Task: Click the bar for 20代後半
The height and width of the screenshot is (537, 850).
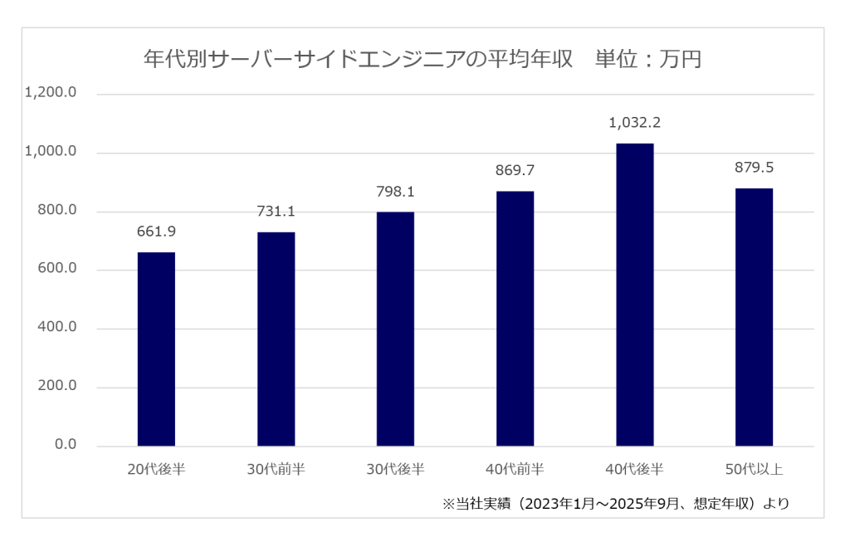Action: [156, 349]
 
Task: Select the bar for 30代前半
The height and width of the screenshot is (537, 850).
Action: [276, 339]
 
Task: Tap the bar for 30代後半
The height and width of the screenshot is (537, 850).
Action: [395, 329]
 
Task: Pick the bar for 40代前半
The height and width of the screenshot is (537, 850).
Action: [515, 319]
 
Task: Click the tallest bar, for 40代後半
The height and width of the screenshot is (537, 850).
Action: [634, 295]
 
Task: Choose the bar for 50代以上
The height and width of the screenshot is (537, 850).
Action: [754, 317]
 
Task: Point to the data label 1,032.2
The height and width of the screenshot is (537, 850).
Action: [634, 123]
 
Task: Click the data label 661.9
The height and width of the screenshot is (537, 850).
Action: [156, 232]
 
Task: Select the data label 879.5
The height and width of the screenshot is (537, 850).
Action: [754, 168]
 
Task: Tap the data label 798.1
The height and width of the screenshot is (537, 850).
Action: [395, 192]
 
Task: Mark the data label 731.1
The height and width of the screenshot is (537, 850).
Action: [276, 212]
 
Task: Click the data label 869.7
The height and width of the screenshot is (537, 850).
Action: [515, 170]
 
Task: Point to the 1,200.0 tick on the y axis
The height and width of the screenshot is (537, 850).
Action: [51, 94]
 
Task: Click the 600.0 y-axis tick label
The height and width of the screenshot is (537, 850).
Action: [56, 270]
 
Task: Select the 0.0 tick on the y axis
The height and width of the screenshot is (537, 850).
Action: [64, 446]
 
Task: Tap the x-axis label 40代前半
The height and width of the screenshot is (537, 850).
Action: [515, 470]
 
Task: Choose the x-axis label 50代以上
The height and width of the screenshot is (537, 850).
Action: [754, 470]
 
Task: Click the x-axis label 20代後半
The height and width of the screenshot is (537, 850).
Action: [156, 470]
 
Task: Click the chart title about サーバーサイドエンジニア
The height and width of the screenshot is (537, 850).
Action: [423, 60]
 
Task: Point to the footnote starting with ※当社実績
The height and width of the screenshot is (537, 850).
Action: [616, 503]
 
